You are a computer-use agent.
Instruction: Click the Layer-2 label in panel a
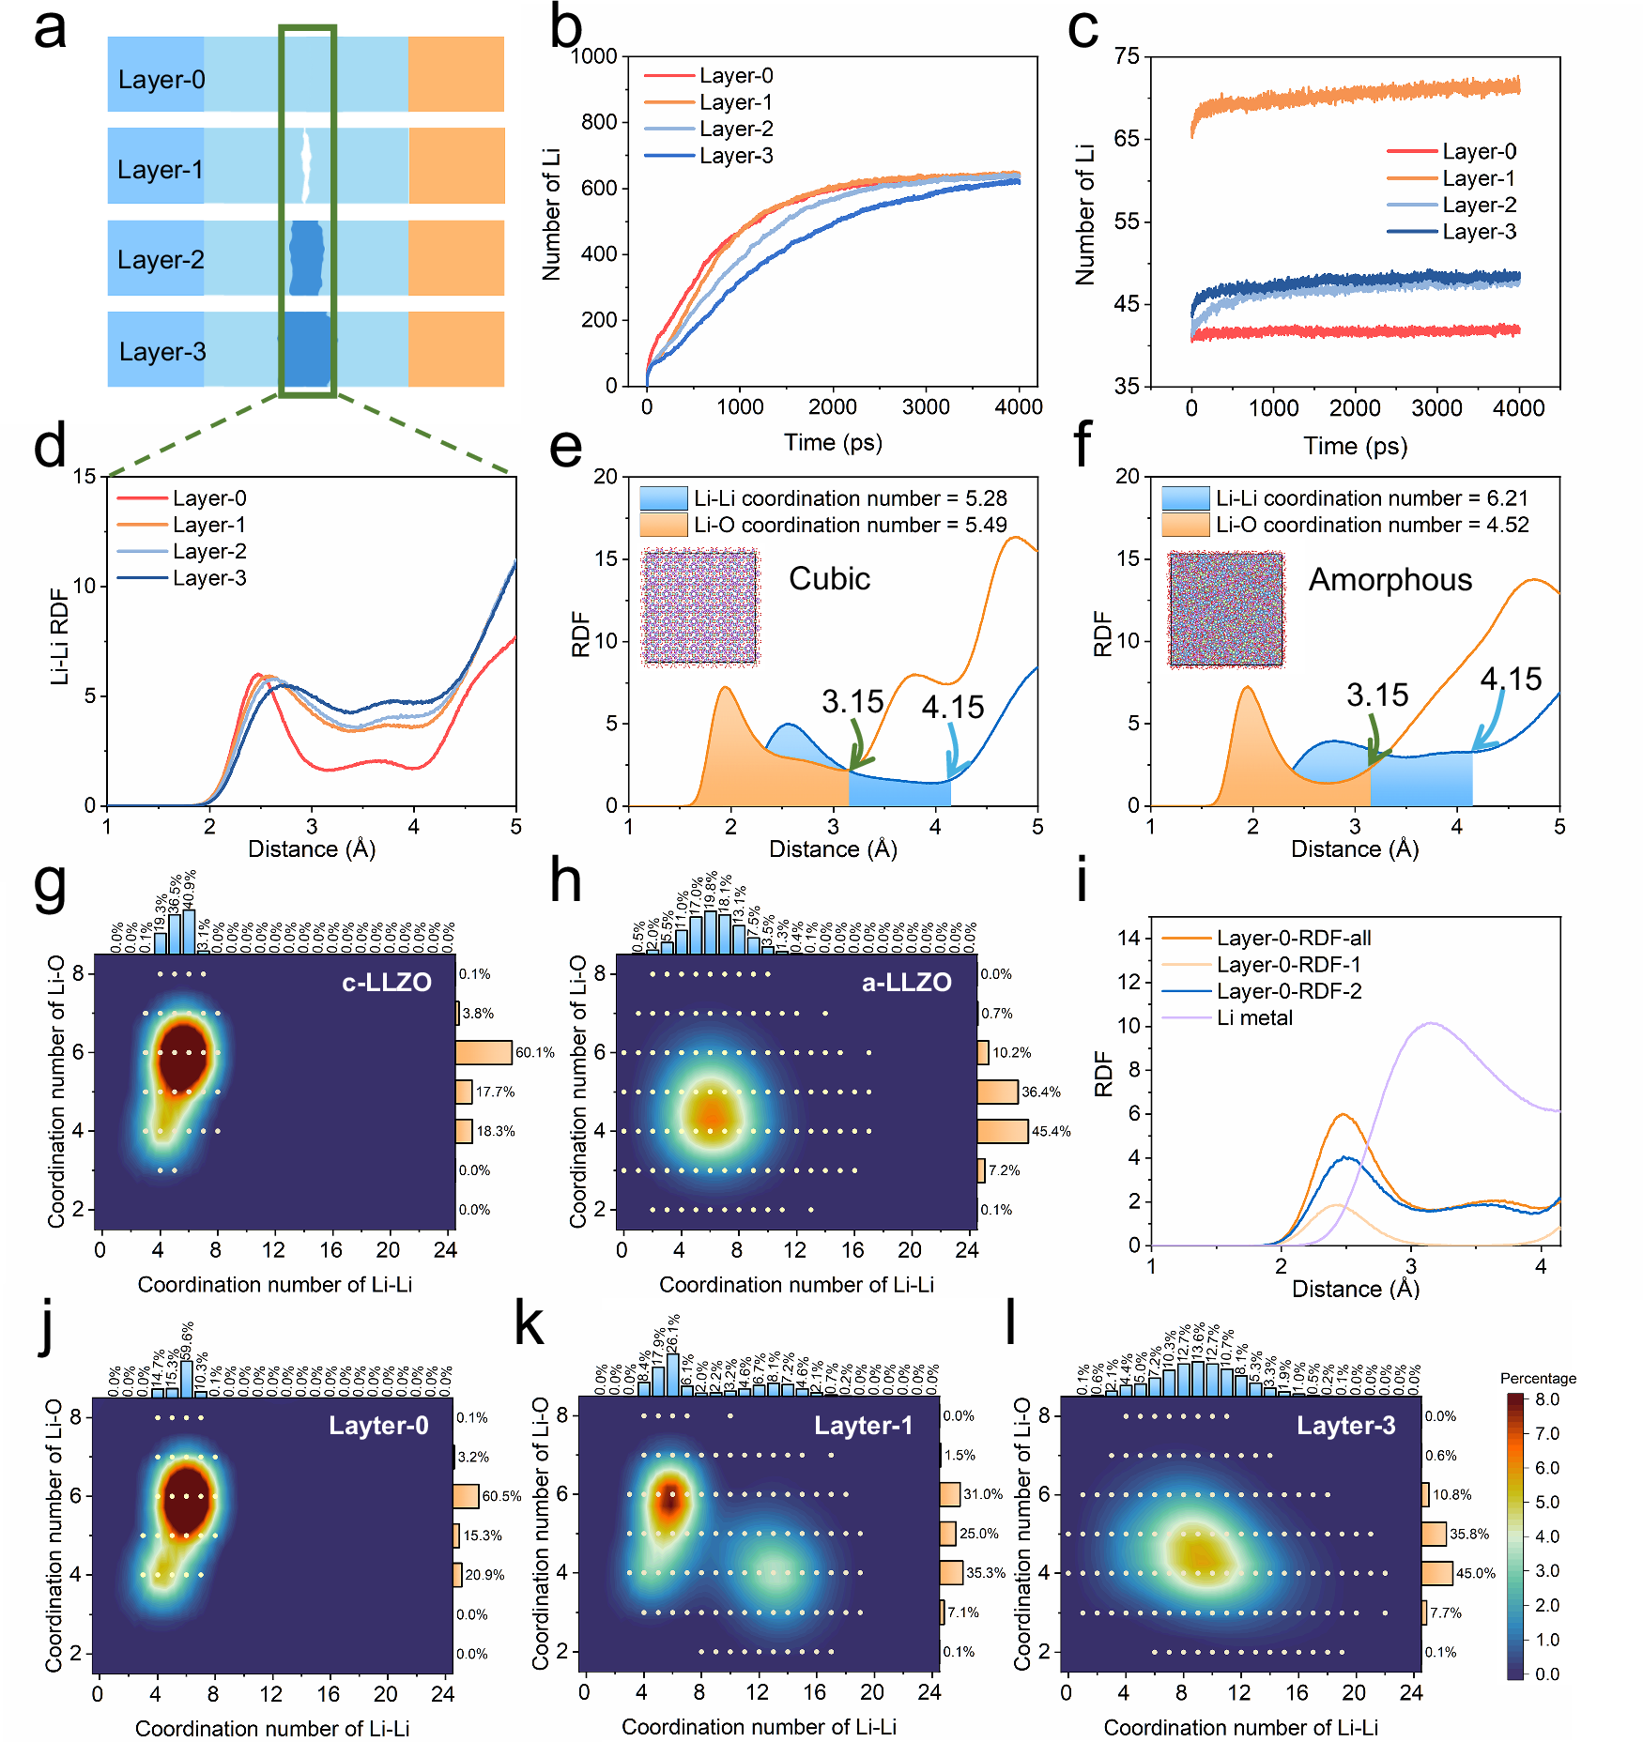pos(161,260)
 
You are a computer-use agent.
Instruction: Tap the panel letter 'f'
pos(1082,445)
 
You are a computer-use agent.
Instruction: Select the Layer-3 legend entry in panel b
pos(735,156)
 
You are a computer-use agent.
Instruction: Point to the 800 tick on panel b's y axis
pos(599,122)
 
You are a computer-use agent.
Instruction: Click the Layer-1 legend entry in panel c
pos(1479,178)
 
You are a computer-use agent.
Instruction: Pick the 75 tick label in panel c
pos(1126,56)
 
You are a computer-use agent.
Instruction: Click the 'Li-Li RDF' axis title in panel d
pos(59,636)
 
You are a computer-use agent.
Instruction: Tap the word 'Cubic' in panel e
pos(829,578)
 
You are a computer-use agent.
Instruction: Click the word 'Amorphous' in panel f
pos(1390,580)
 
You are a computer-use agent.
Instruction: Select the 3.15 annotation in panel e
pos(852,701)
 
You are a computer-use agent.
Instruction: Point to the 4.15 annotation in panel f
pos(1511,679)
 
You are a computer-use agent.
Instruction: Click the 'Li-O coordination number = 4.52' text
pos(1372,525)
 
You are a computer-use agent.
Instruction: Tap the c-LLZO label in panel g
pos(386,983)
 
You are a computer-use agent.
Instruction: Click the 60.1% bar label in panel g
pos(534,1052)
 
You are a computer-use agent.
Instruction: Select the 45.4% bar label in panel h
pos(1051,1131)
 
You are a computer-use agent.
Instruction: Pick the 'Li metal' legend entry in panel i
pos(1254,1017)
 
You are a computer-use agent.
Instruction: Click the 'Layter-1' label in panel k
pos(863,1426)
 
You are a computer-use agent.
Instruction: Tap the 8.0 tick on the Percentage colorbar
pos(1546,1399)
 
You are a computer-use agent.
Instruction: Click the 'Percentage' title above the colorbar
pos(1538,1378)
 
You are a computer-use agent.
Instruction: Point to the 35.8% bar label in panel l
pos(1469,1534)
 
